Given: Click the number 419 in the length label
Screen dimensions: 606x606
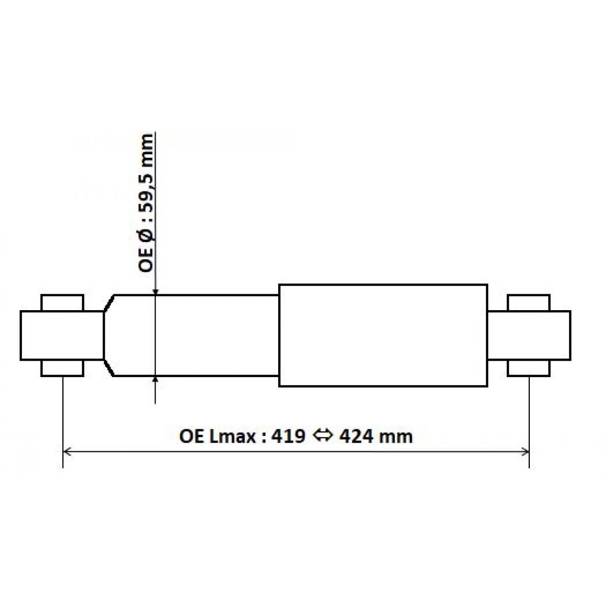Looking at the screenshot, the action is pos(288,437).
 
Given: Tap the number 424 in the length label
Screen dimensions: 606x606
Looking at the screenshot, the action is pos(356,437).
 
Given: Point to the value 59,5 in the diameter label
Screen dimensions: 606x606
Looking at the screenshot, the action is pos(146,191).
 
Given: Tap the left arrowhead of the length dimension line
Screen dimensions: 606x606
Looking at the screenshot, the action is pos(67,452).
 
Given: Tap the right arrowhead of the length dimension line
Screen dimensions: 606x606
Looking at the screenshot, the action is pos(525,452).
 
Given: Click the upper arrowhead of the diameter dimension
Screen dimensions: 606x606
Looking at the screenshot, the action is pos(155,292).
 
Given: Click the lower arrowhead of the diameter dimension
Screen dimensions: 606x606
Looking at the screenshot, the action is pos(155,380).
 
